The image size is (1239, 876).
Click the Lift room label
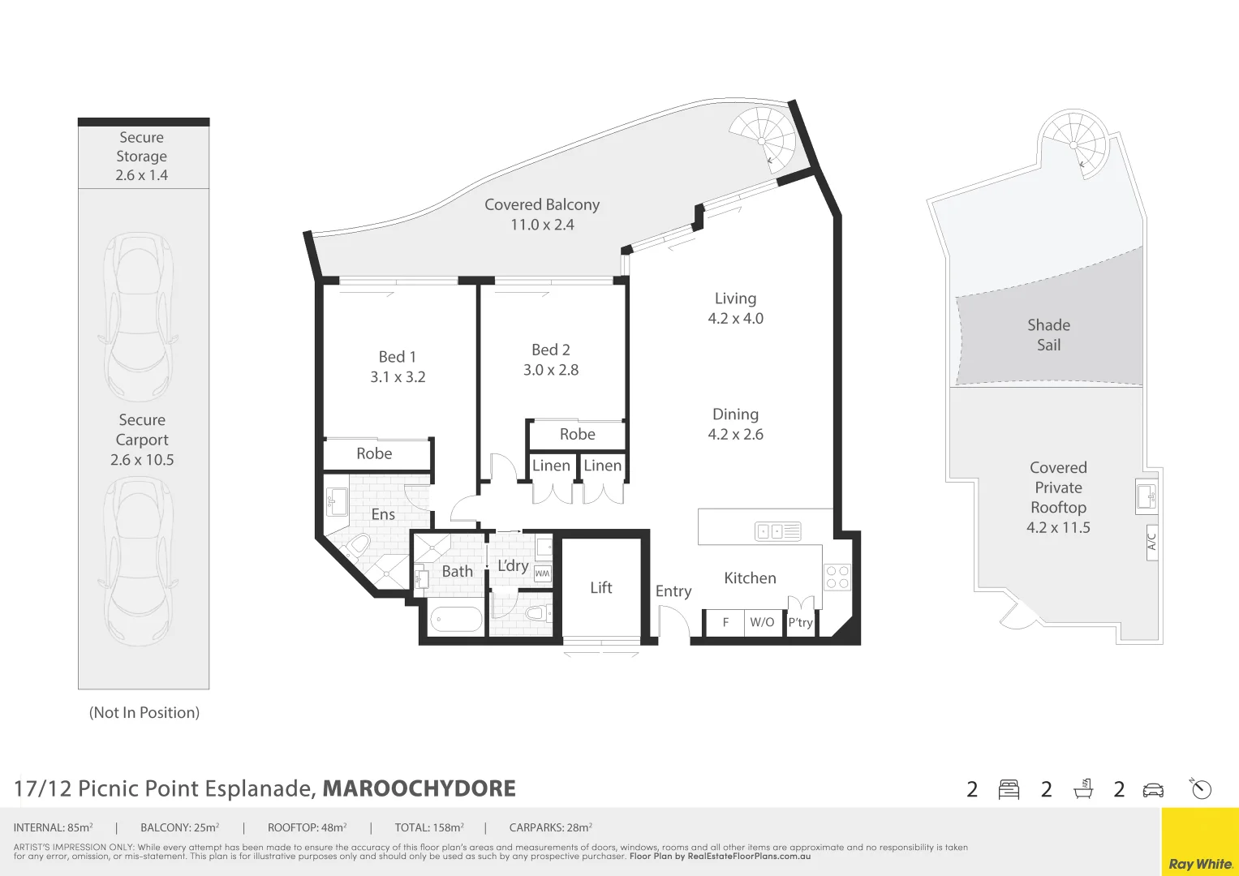[x=600, y=588]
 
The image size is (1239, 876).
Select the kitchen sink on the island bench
[x=778, y=531]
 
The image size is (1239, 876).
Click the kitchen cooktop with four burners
[x=837, y=577]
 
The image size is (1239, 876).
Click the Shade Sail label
[x=1048, y=335]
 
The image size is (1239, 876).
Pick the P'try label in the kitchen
[x=800, y=622]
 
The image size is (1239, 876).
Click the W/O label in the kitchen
[x=762, y=622]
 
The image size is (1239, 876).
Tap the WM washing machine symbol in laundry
[x=543, y=573]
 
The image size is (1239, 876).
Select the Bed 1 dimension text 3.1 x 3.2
[x=398, y=377]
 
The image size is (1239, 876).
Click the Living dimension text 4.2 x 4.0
[x=735, y=319]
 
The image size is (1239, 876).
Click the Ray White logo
[x=1200, y=864]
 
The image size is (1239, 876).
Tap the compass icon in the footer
[x=1201, y=788]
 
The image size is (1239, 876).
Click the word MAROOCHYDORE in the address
[x=419, y=788]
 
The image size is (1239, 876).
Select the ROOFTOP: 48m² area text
[x=307, y=828]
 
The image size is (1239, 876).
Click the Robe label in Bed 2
[x=577, y=435]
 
